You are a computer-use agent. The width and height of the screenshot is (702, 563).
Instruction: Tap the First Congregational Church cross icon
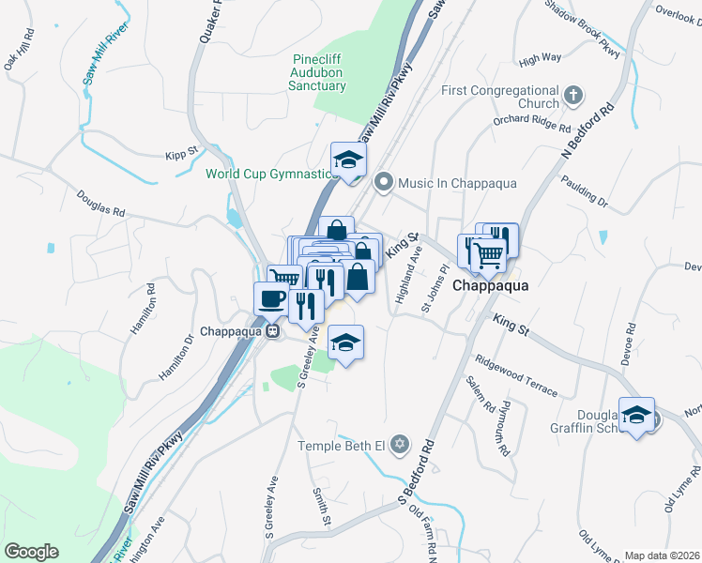click(x=572, y=96)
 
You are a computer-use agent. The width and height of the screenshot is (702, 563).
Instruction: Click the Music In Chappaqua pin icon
click(x=383, y=183)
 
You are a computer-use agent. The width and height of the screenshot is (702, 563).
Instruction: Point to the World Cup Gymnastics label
click(x=269, y=174)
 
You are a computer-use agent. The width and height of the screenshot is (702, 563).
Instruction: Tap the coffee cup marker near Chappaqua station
click(x=272, y=299)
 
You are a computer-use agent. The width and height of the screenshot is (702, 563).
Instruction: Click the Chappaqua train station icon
click(x=272, y=331)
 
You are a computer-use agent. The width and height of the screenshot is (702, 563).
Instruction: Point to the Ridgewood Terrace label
click(x=516, y=376)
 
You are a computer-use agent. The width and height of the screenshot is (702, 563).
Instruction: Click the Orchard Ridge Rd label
click(x=532, y=123)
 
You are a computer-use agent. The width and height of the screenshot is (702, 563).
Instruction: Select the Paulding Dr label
click(x=584, y=190)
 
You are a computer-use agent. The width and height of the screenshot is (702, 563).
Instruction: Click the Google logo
click(x=31, y=552)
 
